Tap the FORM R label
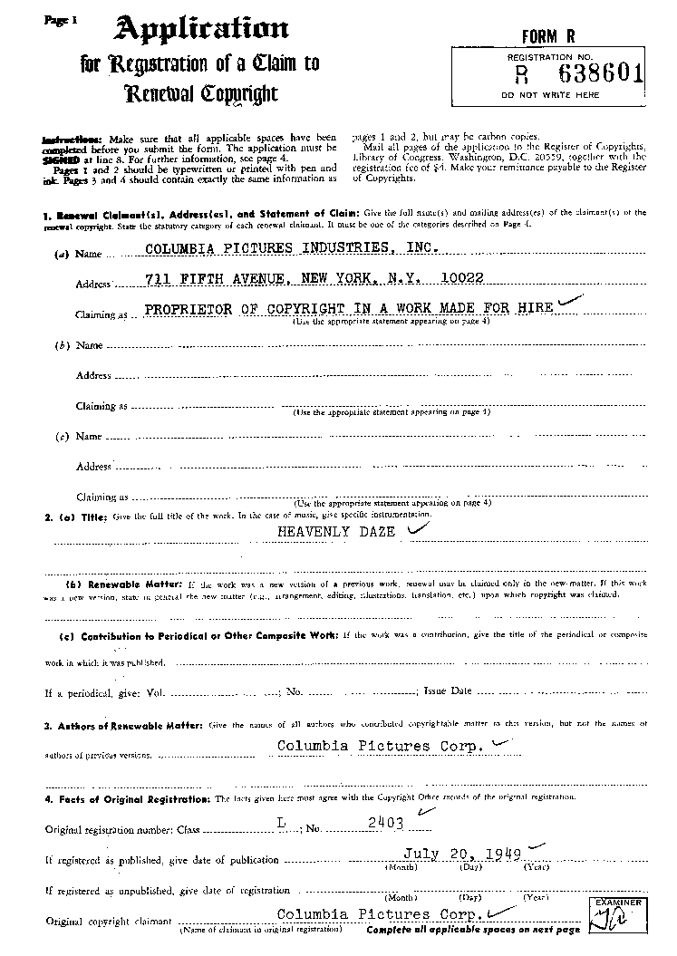tap(548, 36)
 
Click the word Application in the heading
tap(200, 30)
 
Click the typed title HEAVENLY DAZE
tap(336, 532)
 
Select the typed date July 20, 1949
tap(457, 854)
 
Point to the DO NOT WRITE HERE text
tap(550, 94)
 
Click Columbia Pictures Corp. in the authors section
tap(377, 747)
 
